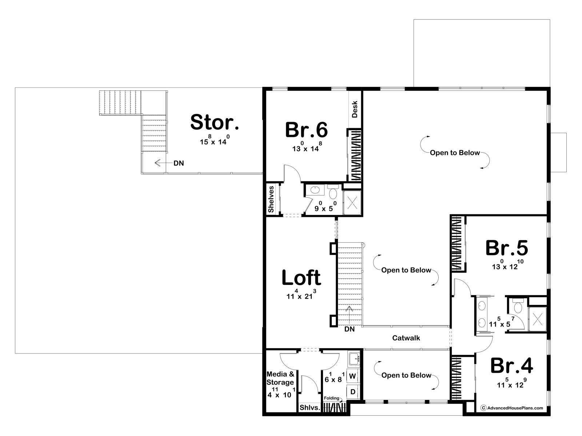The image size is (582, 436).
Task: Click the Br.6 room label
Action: [306, 130]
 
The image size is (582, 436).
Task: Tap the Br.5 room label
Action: [507, 248]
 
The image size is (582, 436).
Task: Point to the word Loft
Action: [301, 278]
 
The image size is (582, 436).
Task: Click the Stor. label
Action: [215, 122]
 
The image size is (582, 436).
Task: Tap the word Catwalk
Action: [406, 338]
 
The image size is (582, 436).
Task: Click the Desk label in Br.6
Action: [355, 109]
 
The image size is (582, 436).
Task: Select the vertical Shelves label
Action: [271, 199]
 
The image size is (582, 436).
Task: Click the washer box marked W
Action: [352, 376]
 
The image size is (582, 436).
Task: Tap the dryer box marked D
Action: [352, 392]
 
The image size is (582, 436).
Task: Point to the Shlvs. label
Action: [310, 407]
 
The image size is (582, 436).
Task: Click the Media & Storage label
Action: [280, 378]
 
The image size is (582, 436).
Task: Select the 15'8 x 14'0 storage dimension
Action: [215, 140]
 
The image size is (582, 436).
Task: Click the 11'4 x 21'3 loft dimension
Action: [301, 294]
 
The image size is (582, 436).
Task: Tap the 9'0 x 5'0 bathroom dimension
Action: [326, 206]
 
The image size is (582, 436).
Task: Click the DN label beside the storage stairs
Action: [179, 163]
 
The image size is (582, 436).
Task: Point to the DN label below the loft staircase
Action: [350, 329]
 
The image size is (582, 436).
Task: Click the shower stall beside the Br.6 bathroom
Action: [352, 202]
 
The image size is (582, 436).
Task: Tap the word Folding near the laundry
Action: [331, 398]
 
